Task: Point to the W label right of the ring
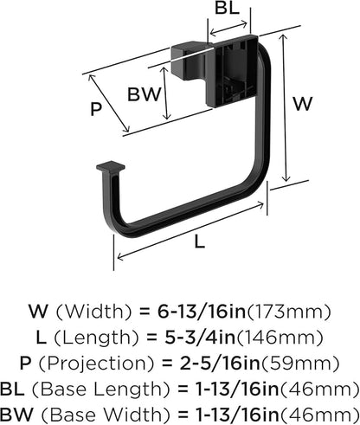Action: tap(302, 103)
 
